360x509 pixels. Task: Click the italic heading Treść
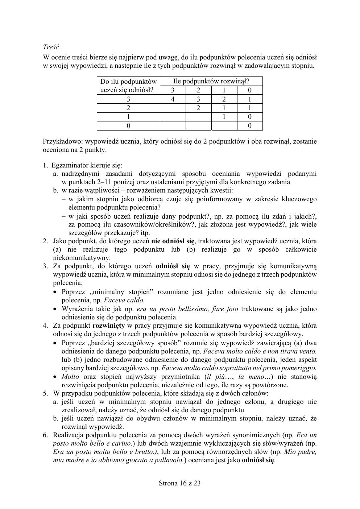(51, 47)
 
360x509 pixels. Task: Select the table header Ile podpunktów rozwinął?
(211, 81)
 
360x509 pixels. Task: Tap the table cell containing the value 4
(173, 99)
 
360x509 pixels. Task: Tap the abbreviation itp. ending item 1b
(145, 233)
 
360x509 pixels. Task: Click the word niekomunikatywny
(81, 258)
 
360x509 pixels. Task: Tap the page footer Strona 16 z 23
(180, 483)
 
